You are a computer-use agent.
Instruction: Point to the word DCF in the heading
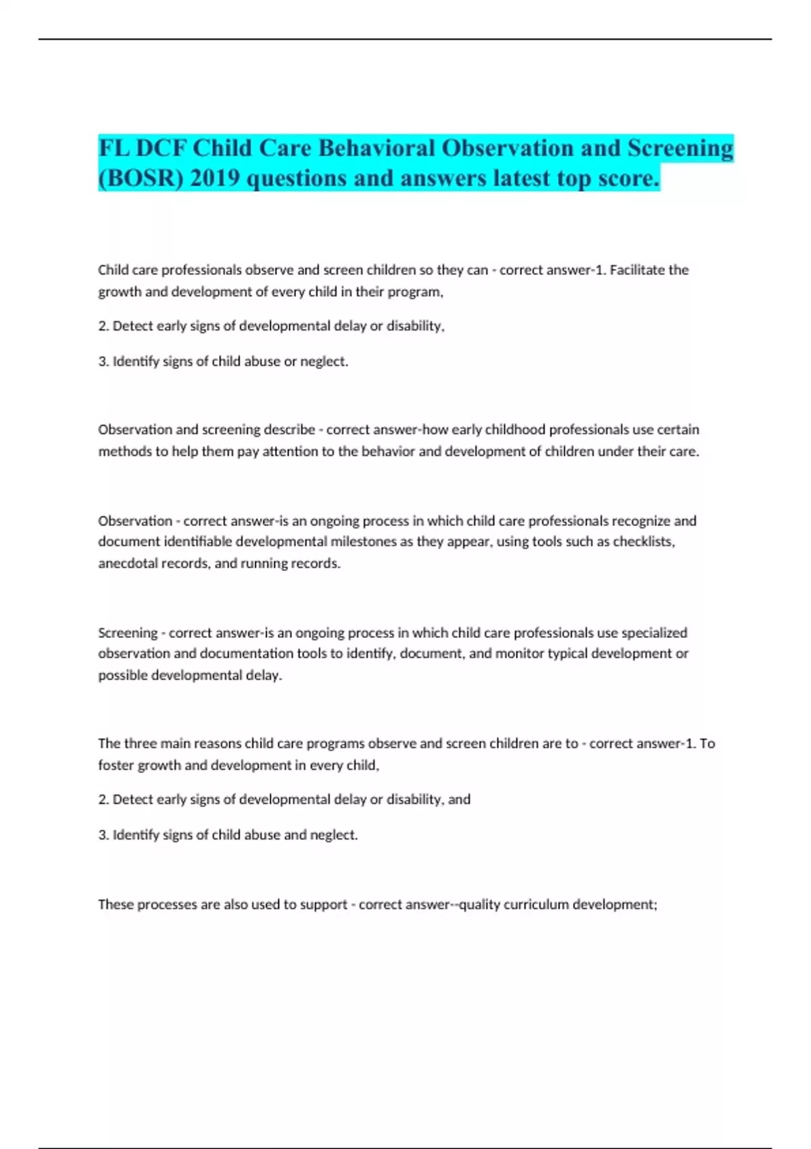pos(162,148)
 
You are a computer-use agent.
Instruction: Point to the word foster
pos(116,765)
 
